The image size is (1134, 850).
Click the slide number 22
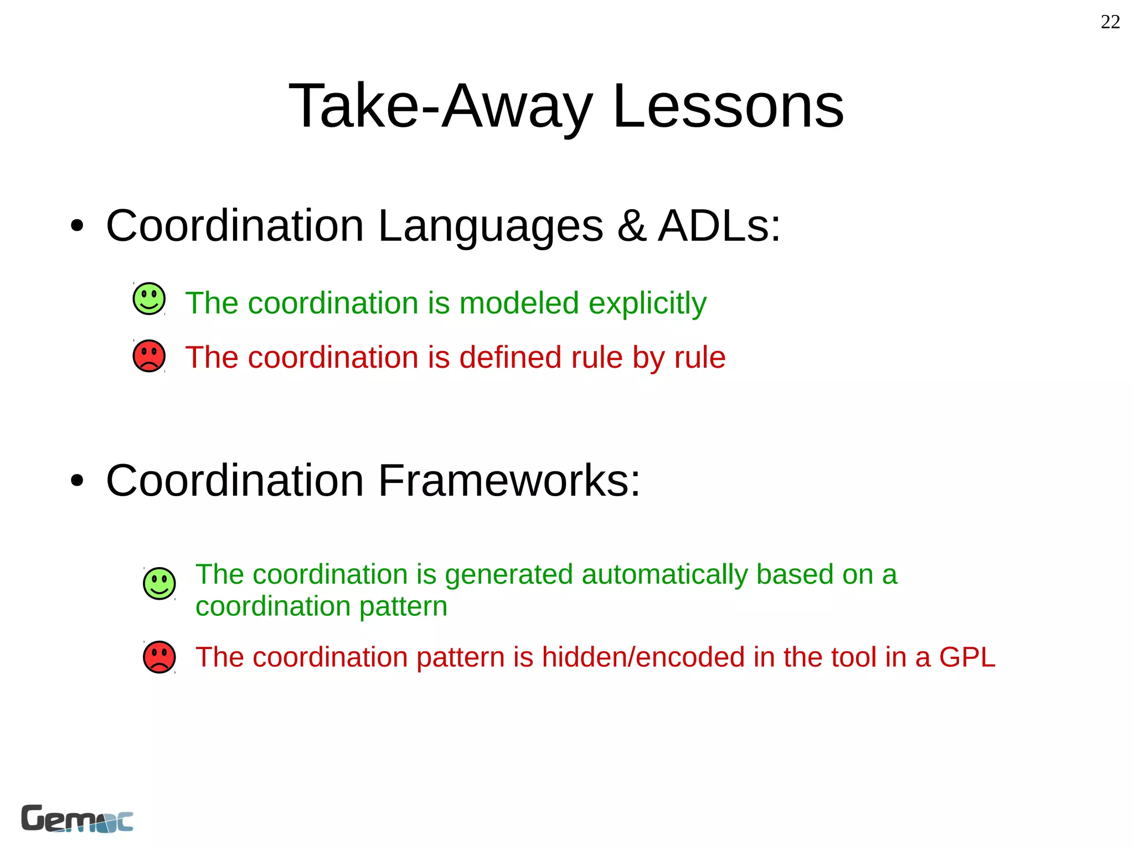(x=1110, y=22)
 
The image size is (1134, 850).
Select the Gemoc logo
(x=77, y=818)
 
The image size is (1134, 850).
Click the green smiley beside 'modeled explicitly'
(x=149, y=299)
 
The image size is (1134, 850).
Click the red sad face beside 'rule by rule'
(x=149, y=356)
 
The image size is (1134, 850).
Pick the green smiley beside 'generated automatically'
(x=159, y=583)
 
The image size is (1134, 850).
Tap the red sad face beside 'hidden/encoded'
(x=159, y=657)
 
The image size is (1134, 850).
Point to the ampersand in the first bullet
(x=631, y=226)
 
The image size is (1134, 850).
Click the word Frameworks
(x=508, y=481)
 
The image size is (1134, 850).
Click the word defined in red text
(x=509, y=357)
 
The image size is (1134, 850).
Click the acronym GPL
(x=967, y=657)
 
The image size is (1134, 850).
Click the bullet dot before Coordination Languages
(x=77, y=226)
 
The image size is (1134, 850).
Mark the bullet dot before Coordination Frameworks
(x=77, y=481)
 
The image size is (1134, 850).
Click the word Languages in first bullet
(x=490, y=226)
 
